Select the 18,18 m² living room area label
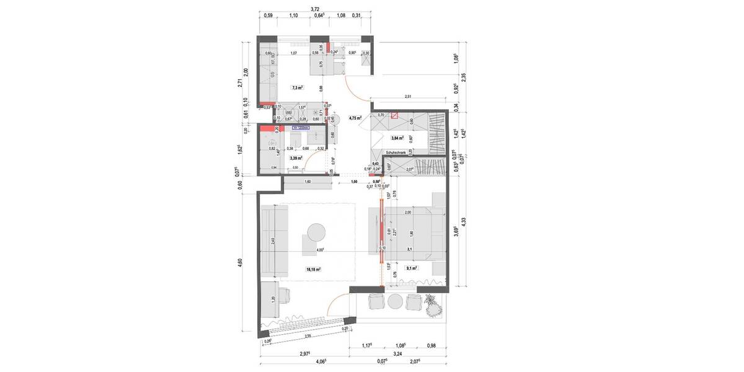tap(314, 270)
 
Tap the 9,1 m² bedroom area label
tap(410, 268)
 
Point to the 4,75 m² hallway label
tap(355, 117)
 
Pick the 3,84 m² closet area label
tap(397, 138)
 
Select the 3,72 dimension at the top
tap(314, 9)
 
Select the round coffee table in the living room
tap(315, 231)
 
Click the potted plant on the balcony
tap(433, 304)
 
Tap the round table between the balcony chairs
tap(396, 301)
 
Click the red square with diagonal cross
tap(394, 115)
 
